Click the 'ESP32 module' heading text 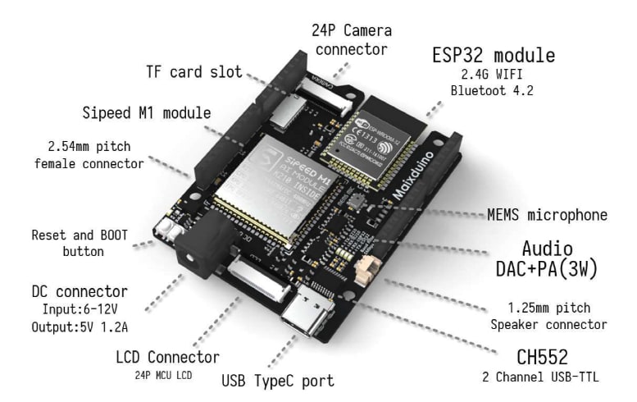click(493, 56)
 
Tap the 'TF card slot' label click(194, 72)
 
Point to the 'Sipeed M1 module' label click(146, 112)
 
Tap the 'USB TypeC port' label click(278, 381)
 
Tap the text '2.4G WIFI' click(493, 75)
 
